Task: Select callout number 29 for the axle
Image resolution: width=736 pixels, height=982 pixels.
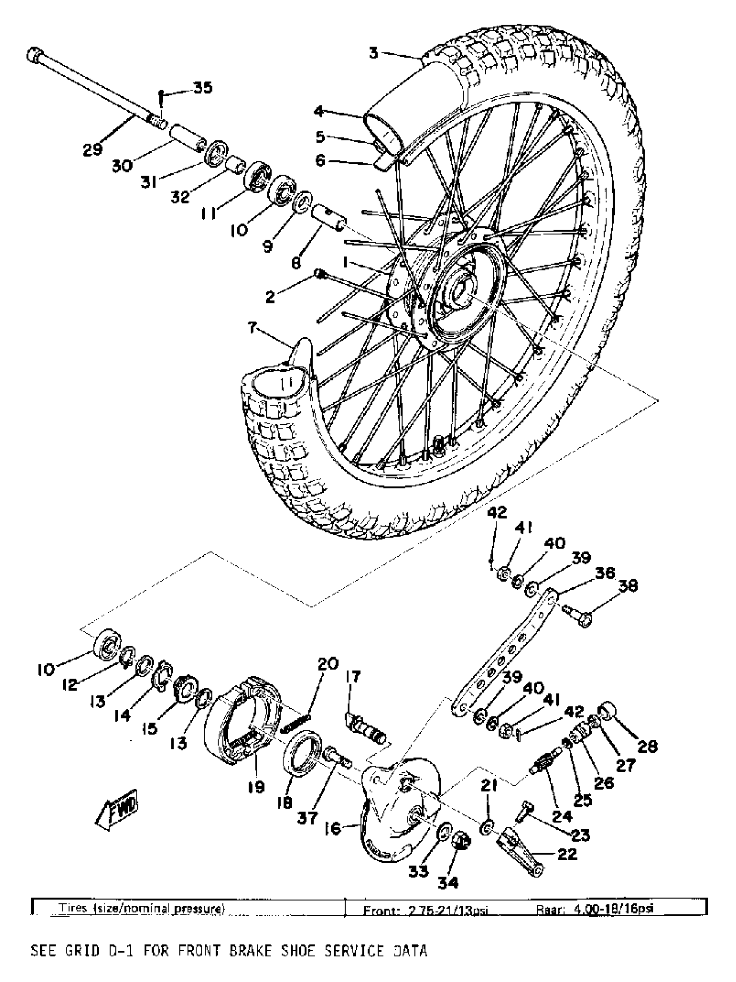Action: pos(93,150)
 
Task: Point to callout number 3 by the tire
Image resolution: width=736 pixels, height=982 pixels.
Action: pos(374,53)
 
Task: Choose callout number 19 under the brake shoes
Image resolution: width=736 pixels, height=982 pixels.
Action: pos(256,787)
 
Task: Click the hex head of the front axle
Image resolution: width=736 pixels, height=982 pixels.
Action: pos(35,55)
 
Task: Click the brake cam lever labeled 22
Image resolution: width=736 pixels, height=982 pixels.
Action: pos(523,850)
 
